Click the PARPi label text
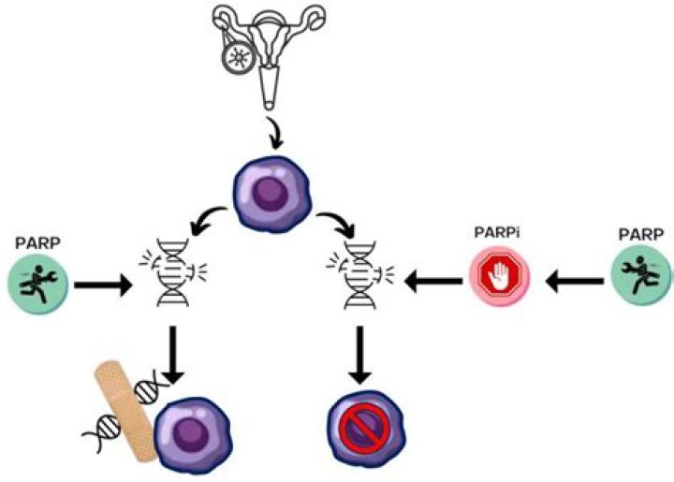pos(499,232)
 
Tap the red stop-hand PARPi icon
pos(499,276)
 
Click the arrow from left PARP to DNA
pos(102,279)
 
